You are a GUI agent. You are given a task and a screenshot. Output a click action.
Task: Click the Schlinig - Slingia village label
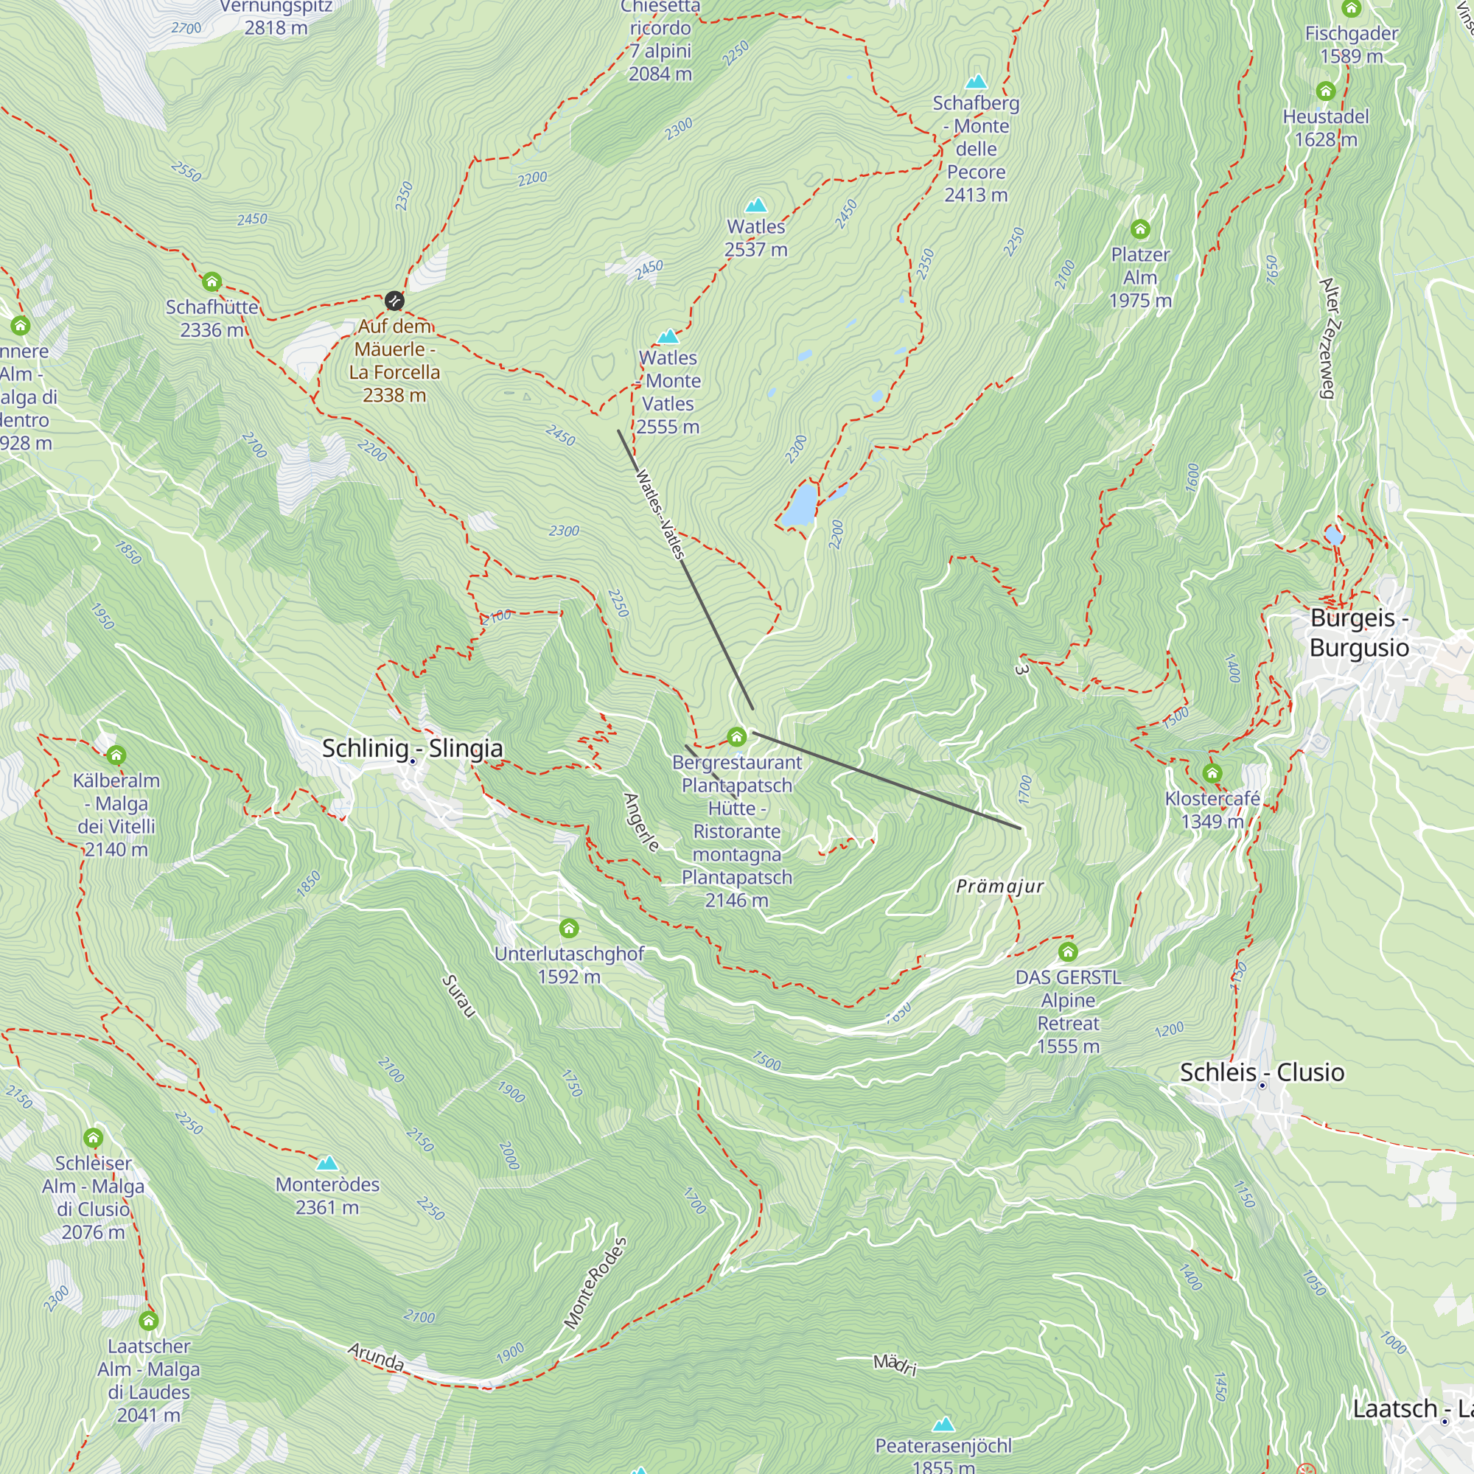(412, 749)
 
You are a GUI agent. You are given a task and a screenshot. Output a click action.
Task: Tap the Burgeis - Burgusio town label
(1359, 632)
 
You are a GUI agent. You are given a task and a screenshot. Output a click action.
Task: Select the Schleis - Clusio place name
(1262, 1072)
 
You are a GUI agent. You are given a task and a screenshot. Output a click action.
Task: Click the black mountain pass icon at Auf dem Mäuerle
(394, 301)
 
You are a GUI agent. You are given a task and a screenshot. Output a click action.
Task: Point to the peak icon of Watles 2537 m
(755, 205)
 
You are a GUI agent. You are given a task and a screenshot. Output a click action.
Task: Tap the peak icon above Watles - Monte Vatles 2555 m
(668, 337)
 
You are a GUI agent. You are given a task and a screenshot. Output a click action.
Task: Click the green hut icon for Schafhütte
(212, 282)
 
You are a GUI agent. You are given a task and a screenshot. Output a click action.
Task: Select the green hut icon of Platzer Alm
(1140, 229)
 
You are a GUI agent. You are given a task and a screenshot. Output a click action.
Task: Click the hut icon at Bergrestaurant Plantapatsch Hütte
(736, 736)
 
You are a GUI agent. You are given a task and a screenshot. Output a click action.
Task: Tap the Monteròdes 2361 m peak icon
(327, 1163)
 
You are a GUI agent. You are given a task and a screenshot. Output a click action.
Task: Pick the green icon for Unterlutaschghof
(569, 929)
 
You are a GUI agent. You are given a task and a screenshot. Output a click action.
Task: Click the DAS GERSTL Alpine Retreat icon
(1068, 951)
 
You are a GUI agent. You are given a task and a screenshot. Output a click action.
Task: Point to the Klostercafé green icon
(1212, 774)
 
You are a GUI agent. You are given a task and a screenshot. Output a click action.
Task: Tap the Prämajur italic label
(999, 887)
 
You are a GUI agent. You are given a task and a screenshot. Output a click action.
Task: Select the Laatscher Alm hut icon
(149, 1320)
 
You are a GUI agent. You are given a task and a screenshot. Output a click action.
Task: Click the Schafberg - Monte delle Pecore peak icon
(976, 82)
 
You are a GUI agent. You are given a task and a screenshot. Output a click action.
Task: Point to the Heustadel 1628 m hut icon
(1326, 91)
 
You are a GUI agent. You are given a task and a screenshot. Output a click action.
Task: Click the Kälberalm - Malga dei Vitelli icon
(116, 755)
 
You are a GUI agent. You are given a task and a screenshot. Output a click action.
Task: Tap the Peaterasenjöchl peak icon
(944, 1425)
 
